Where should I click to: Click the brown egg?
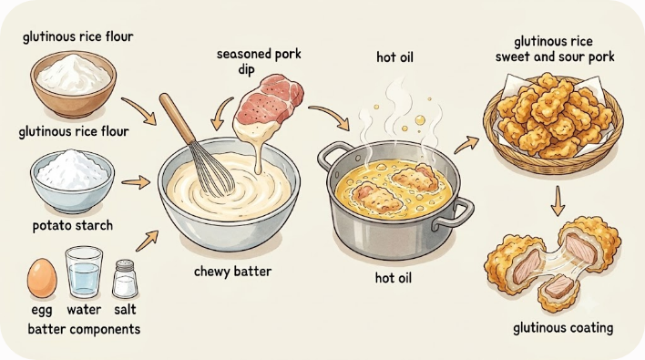pyautogui.click(x=42, y=278)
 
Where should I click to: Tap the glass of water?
pyautogui.click(x=84, y=272)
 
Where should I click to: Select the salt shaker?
pyautogui.click(x=124, y=279)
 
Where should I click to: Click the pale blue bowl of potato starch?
pyautogui.click(x=72, y=181)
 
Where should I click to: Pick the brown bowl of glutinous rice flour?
pyautogui.click(x=73, y=84)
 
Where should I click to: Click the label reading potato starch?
pyautogui.click(x=72, y=225)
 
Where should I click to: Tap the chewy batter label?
pyautogui.click(x=232, y=272)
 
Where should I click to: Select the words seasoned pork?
pyautogui.click(x=259, y=55)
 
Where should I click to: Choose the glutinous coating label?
pyautogui.click(x=563, y=328)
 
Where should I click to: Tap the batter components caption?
pyautogui.click(x=84, y=330)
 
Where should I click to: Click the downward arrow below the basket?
pyautogui.click(x=558, y=201)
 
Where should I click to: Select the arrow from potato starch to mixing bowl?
pyautogui.click(x=136, y=182)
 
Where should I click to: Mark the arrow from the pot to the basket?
pyautogui.click(x=466, y=145)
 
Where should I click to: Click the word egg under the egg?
pyautogui.click(x=42, y=310)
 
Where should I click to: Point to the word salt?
pyautogui.click(x=125, y=309)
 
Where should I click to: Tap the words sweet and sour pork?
pyautogui.click(x=555, y=57)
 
